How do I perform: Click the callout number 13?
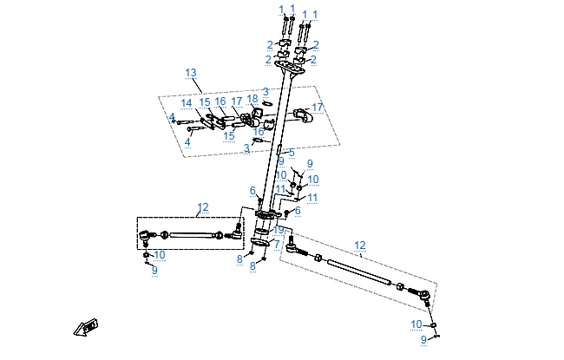(x=191, y=72)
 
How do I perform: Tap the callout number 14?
(x=187, y=103)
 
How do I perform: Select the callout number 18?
(x=252, y=99)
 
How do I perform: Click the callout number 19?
(x=279, y=230)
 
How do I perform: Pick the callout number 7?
(x=276, y=245)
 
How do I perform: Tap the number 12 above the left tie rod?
(x=203, y=207)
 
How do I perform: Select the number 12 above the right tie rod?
(x=360, y=245)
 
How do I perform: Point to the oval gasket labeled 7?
(x=259, y=249)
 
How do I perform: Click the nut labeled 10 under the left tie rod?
(x=146, y=255)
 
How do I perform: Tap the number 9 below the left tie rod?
(x=154, y=272)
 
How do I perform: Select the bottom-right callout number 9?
(x=424, y=340)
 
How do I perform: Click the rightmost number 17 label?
(x=318, y=108)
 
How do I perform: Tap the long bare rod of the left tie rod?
(x=194, y=233)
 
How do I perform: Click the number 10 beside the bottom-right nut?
(x=416, y=324)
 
